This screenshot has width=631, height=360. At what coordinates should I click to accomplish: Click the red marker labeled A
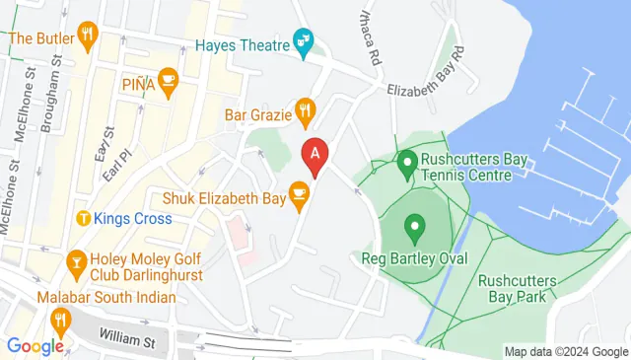point(315,156)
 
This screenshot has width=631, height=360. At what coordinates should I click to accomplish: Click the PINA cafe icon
point(167,84)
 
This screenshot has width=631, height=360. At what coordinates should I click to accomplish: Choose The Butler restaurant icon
point(88,37)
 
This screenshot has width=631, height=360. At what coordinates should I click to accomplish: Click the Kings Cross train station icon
point(84,217)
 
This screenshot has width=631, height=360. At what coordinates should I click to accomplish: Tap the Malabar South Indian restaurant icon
point(61,318)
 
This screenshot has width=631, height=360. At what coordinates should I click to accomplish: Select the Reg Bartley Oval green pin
point(414,230)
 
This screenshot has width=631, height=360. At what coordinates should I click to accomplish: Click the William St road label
point(127,341)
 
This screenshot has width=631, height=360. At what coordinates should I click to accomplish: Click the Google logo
point(35,345)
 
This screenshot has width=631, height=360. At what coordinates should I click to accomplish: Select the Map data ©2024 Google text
point(565,352)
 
